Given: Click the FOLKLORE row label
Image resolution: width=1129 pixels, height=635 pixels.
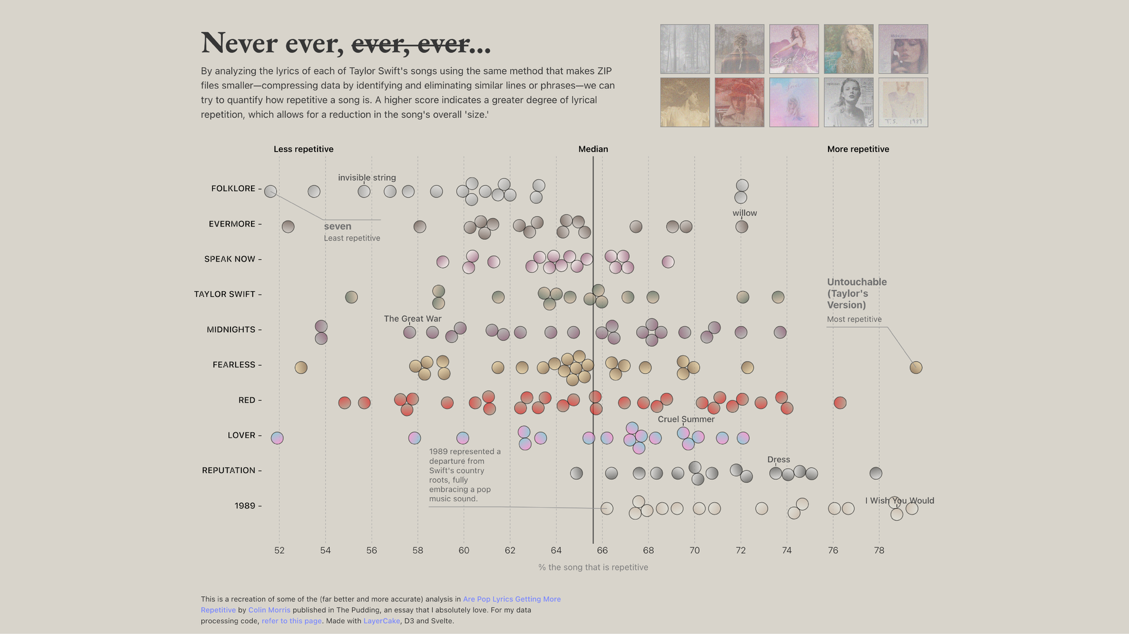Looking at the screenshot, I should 233,189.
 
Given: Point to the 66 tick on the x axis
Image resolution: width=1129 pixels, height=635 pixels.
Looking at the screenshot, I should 602,550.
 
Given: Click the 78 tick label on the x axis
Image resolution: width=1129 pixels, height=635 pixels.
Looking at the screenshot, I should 879,550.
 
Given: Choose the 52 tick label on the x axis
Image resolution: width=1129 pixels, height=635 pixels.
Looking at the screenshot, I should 279,550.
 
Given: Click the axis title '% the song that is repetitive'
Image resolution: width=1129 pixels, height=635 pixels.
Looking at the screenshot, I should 593,567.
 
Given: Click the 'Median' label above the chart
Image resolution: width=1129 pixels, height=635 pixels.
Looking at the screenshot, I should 593,149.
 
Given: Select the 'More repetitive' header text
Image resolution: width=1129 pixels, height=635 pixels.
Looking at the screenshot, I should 858,149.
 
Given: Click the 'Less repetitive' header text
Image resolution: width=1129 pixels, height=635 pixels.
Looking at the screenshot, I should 303,149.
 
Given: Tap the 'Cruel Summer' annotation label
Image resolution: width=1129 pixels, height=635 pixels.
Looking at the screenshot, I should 686,419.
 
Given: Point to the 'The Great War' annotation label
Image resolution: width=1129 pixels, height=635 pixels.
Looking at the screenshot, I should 412,319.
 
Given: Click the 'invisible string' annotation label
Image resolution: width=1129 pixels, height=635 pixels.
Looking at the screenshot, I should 367,178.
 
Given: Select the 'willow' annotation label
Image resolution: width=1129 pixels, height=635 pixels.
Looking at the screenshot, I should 744,213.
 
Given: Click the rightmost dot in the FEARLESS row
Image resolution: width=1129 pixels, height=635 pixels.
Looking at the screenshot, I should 916,367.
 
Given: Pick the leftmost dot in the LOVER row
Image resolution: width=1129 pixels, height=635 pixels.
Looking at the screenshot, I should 277,438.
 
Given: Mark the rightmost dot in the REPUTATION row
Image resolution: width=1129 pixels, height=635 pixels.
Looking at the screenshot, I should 876,473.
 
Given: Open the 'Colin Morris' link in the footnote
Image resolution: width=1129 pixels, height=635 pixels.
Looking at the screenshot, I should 269,610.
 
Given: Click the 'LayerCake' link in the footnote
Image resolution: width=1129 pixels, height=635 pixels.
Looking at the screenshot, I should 381,621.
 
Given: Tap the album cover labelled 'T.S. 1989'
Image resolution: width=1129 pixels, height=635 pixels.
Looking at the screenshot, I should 903,102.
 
